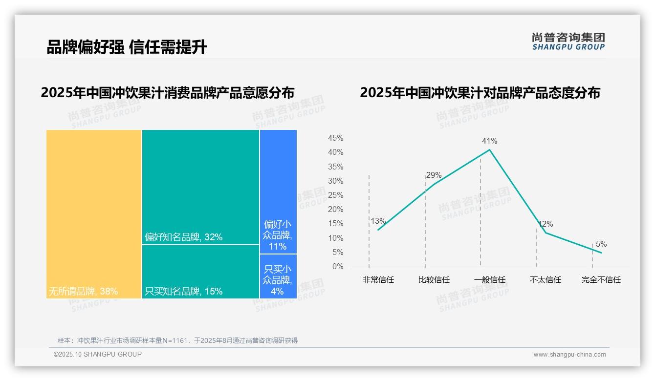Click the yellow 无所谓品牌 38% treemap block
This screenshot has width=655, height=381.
(x=94, y=210)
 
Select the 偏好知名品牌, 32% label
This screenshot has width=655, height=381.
(x=183, y=237)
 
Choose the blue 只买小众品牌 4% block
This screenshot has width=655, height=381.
(x=278, y=276)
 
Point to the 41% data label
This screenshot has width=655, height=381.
(x=489, y=141)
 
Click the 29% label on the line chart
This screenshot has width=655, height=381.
(x=434, y=175)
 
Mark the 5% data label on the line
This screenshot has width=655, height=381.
(x=601, y=244)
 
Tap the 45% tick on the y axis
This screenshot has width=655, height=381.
(x=335, y=138)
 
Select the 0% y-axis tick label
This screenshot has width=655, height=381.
(x=338, y=267)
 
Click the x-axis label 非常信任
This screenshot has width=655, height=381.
(x=378, y=280)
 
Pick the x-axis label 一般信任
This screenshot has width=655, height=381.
(x=489, y=280)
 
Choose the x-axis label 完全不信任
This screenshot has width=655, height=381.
(x=601, y=280)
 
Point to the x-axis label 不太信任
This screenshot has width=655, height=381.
(x=545, y=280)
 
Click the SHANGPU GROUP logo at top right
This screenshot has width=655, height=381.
(x=568, y=42)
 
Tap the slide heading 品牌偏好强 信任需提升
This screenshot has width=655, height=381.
(x=127, y=47)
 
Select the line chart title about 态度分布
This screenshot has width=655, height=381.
(x=480, y=93)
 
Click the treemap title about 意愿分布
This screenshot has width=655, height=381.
(x=168, y=93)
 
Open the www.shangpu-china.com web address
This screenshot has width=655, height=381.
(x=569, y=355)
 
